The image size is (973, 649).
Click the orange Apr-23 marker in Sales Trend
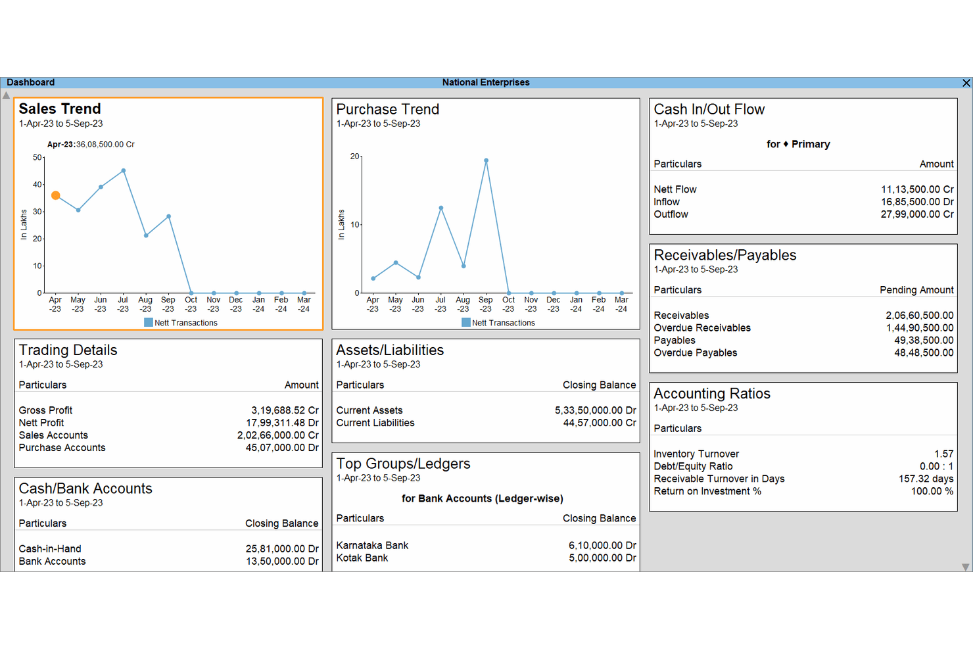pyautogui.click(x=56, y=195)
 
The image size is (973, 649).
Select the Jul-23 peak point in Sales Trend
pyautogui.click(x=124, y=171)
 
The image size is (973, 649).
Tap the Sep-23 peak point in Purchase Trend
pyautogui.click(x=486, y=160)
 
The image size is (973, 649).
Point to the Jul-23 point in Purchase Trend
pyautogui.click(x=441, y=208)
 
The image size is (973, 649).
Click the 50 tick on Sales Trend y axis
pyautogui.click(x=37, y=158)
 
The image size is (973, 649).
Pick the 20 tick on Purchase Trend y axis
pyautogui.click(x=355, y=156)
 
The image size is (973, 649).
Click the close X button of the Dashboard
pyautogui.click(x=966, y=83)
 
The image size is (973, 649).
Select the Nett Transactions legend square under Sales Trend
pyautogui.click(x=149, y=322)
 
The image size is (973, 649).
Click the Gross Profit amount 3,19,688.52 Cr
pyautogui.click(x=285, y=410)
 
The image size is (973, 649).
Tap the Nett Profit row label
pyautogui.click(x=41, y=423)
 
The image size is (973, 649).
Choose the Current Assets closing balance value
pyautogui.click(x=595, y=410)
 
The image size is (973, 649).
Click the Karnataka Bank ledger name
pyautogui.click(x=372, y=545)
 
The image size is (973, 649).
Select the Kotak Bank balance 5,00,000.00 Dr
pyautogui.click(x=602, y=558)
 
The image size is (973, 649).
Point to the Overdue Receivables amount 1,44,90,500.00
pyautogui.click(x=919, y=327)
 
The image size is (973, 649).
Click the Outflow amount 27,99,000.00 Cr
pyautogui.click(x=917, y=214)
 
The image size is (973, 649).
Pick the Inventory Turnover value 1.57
pyautogui.click(x=943, y=454)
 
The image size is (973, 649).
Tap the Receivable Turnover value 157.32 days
pyautogui.click(x=926, y=479)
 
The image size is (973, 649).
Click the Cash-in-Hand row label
pyautogui.click(x=50, y=548)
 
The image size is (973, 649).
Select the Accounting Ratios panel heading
pyautogui.click(x=712, y=393)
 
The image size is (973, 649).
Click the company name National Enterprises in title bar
pyautogui.click(x=486, y=83)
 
